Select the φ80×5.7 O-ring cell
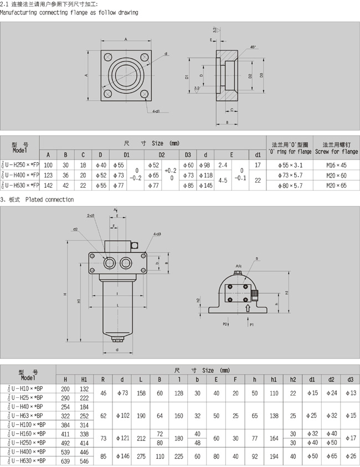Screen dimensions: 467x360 tap(290, 185)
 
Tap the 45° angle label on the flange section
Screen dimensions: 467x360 tap(253, 47)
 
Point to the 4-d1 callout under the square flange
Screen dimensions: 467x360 tap(156, 111)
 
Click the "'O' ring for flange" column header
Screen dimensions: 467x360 tap(290, 151)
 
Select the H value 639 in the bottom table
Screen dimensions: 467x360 tap(65, 460)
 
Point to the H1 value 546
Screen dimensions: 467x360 tap(84, 460)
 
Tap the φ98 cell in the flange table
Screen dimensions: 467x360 tap(206, 165)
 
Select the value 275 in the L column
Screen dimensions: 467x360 tap(141, 455)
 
